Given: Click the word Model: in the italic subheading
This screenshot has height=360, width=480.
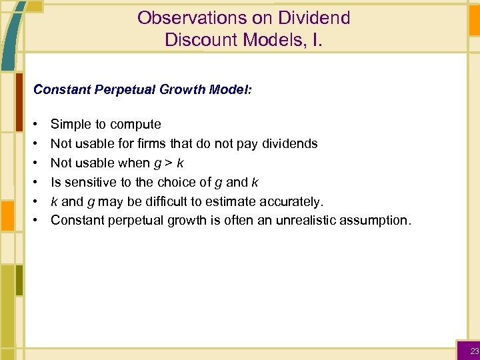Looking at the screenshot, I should pyautogui.click(x=229, y=89).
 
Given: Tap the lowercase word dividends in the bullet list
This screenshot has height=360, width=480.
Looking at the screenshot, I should pyautogui.click(x=289, y=143).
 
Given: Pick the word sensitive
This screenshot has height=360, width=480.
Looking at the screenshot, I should pyautogui.click(x=89, y=182).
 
